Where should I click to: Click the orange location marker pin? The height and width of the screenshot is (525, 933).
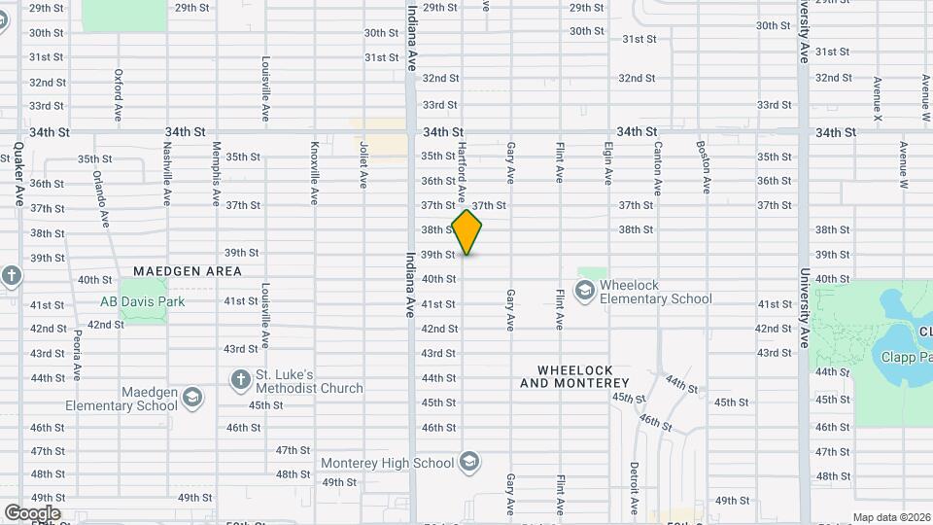click(x=467, y=232)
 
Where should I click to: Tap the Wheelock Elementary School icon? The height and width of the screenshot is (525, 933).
click(x=584, y=290)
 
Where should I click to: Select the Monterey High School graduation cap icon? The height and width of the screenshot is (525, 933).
click(x=469, y=461)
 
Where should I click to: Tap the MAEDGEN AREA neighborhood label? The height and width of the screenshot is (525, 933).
click(x=187, y=271)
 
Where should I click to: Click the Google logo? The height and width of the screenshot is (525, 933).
click(x=32, y=512)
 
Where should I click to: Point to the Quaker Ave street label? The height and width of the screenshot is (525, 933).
click(x=18, y=175)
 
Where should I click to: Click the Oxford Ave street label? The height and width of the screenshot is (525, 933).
click(x=119, y=93)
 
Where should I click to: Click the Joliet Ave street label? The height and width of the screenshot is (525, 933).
click(x=363, y=165)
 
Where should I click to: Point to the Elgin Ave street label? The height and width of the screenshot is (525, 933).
click(x=608, y=163)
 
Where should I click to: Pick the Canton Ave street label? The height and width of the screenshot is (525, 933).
click(x=658, y=167)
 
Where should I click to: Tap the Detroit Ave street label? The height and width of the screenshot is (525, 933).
click(x=633, y=488)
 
